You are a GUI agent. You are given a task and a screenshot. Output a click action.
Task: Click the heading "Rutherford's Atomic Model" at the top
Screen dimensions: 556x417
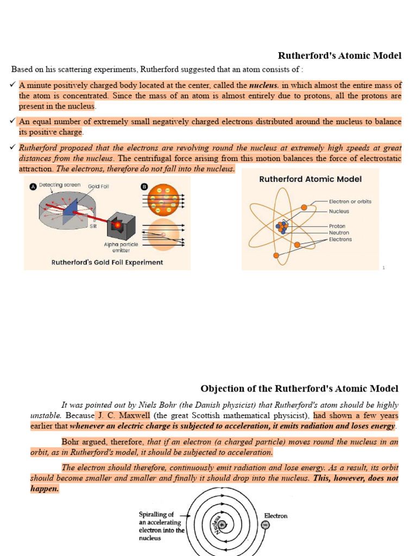[339, 55]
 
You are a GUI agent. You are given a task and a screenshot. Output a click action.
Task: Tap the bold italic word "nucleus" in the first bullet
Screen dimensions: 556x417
[263, 85]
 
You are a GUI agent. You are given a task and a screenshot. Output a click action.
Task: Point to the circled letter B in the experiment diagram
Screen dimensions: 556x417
[144, 186]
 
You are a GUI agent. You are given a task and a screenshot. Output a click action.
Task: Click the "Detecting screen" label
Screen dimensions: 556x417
[60, 185]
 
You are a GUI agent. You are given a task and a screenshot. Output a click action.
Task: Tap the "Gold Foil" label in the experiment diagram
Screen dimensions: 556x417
[98, 186]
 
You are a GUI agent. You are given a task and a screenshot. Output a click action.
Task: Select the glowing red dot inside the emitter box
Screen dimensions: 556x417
[117, 224]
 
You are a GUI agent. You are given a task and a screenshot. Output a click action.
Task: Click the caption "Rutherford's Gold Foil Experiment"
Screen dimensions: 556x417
[107, 262]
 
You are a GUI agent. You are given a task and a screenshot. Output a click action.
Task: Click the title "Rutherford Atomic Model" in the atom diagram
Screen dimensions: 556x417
[310, 179]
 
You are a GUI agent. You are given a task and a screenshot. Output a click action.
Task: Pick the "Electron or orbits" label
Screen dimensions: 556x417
[350, 201]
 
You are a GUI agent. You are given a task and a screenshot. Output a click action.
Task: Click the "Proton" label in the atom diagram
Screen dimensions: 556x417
[337, 226]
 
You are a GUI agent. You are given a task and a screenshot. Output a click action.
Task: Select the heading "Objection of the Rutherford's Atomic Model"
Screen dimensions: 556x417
[299, 389]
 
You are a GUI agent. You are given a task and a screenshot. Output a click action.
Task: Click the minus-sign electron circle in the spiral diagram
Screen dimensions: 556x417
[265, 525]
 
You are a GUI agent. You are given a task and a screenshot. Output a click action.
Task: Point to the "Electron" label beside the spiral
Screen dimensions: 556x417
[276, 515]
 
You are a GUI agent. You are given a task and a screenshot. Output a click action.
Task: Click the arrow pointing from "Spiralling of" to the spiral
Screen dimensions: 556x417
[185, 515]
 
